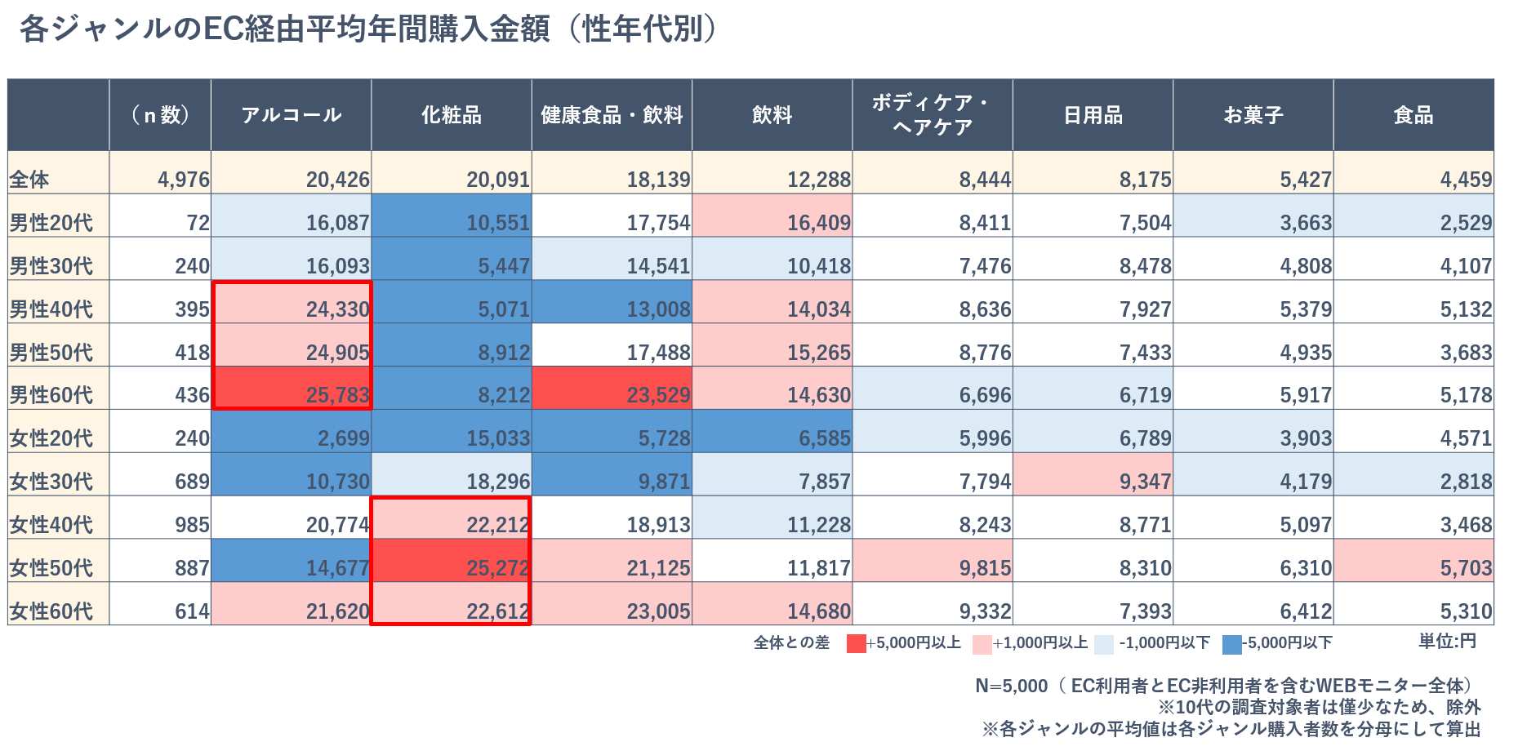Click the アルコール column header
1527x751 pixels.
291,115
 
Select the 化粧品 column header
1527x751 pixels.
451,115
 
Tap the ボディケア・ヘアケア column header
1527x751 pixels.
932,115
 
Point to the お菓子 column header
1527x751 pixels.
1253,115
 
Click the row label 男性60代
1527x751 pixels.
51,395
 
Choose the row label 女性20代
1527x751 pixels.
51,438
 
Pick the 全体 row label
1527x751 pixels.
29,180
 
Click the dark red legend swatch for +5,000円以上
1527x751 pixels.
856,644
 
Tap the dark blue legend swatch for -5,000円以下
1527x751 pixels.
1231,644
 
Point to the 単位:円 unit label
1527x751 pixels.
1447,641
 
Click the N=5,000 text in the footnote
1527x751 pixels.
1011,686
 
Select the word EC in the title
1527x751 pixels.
220,29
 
